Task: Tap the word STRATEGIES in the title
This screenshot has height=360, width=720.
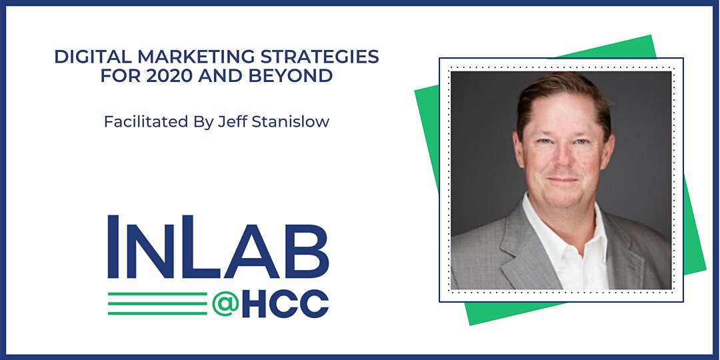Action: click(x=320, y=57)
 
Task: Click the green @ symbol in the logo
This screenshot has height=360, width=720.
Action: click(x=225, y=303)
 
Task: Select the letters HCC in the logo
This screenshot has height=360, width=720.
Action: click(x=285, y=303)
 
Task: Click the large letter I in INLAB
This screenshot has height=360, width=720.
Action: click(x=113, y=247)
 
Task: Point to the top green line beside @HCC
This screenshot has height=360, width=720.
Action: click(x=157, y=294)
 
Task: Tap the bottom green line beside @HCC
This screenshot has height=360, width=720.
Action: click(x=157, y=313)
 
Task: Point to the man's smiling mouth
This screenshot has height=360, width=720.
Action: click(x=563, y=179)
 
